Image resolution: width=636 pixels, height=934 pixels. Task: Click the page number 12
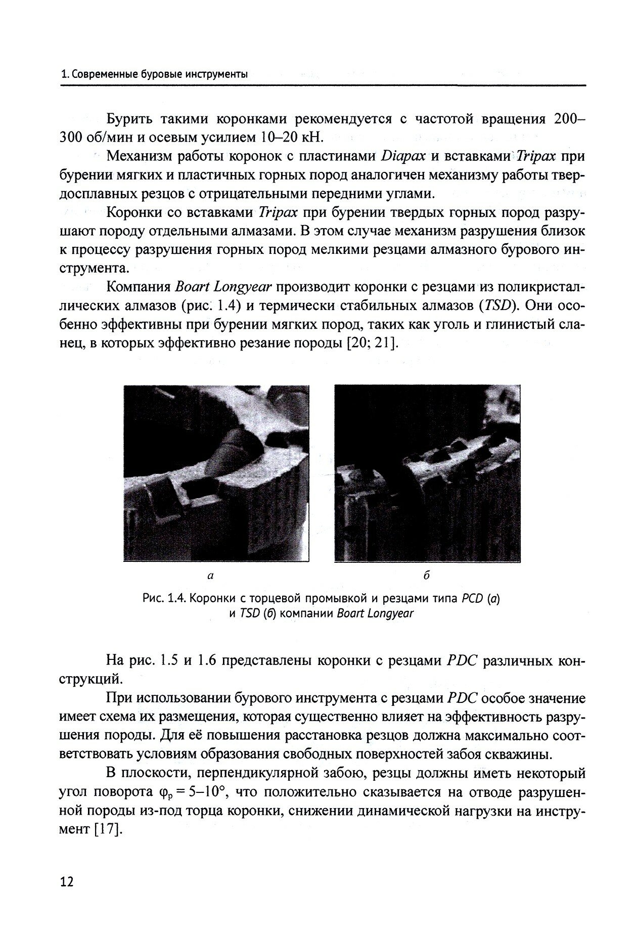66,868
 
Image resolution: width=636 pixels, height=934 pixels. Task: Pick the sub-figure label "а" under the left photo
211,576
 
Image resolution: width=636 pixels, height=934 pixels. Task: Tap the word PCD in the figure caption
472,599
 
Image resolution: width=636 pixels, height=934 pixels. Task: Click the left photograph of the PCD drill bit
216,473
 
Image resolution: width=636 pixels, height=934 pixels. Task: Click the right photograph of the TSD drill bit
428,473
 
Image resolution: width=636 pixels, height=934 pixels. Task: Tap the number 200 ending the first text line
566,119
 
